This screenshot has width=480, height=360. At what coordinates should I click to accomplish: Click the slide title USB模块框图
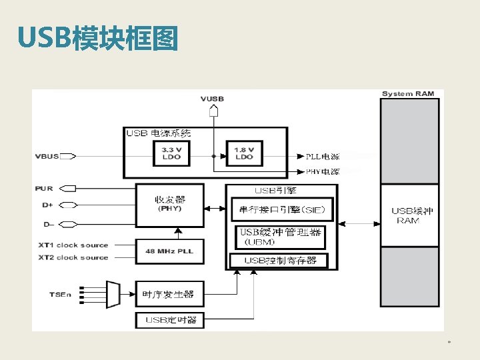pos(98,39)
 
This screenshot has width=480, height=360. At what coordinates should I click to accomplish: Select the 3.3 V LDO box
pos(172,153)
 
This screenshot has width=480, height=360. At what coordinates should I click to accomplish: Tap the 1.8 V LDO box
pos(244,153)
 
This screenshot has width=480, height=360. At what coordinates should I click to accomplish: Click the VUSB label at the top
pos(212,99)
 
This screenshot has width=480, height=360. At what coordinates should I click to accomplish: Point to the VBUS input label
pos(47,157)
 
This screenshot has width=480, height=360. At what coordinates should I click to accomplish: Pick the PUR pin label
pos(44,189)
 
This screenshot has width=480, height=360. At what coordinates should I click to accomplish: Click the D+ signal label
pos(48,206)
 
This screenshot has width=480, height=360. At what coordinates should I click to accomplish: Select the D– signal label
pos(48,223)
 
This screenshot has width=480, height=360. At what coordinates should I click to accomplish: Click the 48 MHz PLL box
pos(169,251)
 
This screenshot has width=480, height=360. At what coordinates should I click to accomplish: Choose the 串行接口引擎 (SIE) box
pos(282,211)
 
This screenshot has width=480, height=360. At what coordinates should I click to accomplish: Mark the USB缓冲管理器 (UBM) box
pos(280,237)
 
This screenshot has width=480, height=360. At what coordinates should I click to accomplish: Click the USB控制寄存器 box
pos(279,260)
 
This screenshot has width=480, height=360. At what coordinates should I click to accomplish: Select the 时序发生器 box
pos(169,293)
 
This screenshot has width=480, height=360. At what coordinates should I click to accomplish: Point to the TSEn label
pos(60,294)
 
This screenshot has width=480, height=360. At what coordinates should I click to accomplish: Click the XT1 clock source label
pos(73,245)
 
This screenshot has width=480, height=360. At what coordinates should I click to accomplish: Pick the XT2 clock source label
pos(73,257)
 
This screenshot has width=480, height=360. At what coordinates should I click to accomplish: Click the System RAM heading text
pos(407,94)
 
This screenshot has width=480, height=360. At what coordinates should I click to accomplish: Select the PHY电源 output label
pos(323,171)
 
